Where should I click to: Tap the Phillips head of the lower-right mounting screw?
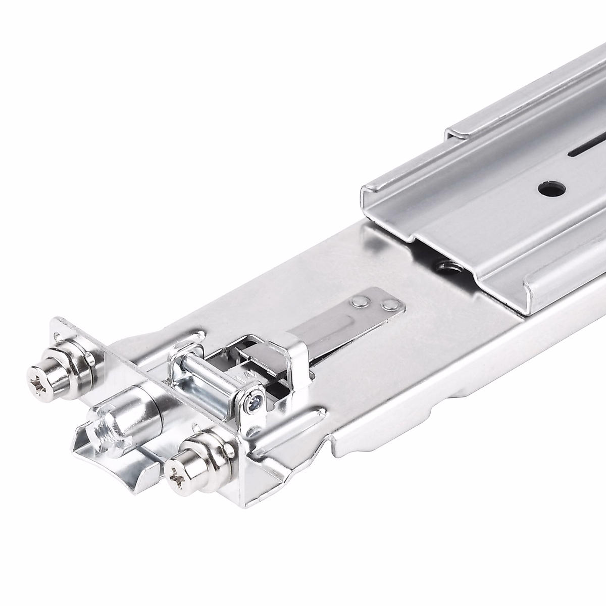[176, 473]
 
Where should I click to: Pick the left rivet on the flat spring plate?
[360, 301]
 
